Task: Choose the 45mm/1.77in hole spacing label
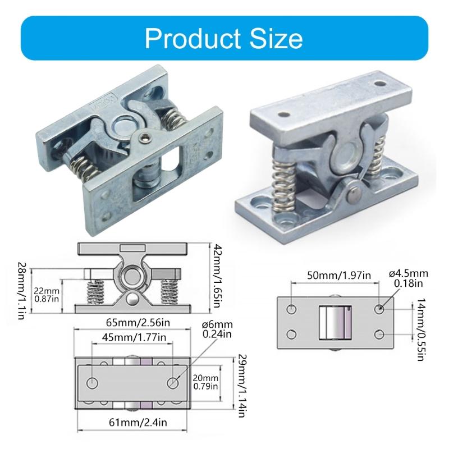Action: point(132,337)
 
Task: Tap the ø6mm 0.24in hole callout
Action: point(216,329)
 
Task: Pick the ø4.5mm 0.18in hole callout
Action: point(408,278)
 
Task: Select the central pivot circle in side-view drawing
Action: point(132,275)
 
